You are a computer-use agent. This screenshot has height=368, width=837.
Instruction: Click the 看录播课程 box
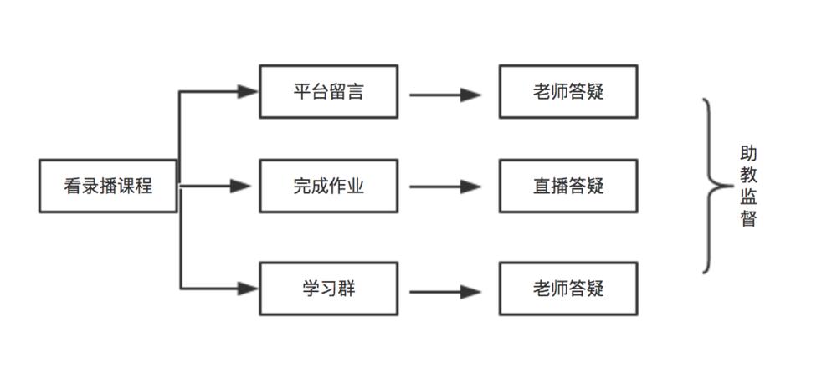point(108,186)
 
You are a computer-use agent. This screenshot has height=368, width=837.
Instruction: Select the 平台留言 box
point(328,91)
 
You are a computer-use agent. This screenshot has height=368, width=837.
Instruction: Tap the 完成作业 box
point(328,186)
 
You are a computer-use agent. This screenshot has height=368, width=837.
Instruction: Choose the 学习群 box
point(328,289)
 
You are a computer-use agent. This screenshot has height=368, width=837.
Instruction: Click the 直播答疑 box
point(567,186)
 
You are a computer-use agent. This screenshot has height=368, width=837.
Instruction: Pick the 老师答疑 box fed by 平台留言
point(567,91)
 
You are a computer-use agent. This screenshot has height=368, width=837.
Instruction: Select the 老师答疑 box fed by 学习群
point(567,289)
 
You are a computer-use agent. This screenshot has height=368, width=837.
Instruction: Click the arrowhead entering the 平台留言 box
point(248,91)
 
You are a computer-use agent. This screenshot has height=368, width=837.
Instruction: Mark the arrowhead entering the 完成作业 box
point(243,186)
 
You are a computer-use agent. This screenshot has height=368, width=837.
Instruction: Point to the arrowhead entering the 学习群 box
point(248,289)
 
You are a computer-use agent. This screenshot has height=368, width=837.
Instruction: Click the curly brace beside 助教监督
point(711,186)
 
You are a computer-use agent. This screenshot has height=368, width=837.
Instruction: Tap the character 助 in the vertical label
point(748,155)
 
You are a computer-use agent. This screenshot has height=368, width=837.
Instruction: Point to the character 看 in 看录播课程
point(72,187)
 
